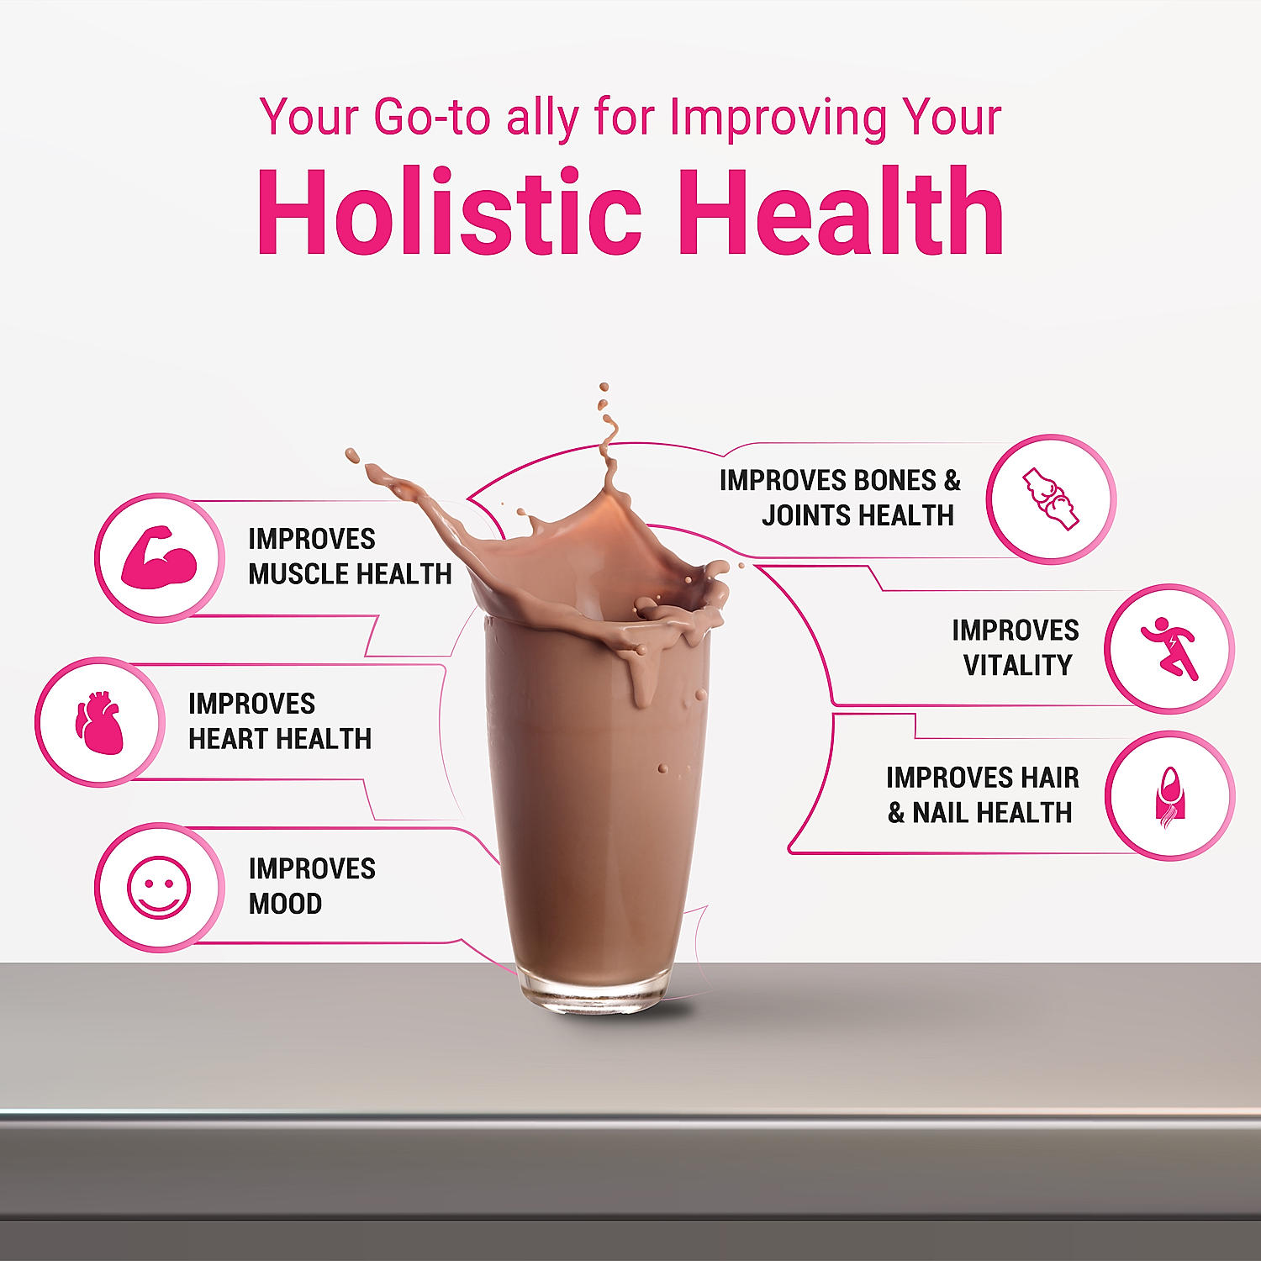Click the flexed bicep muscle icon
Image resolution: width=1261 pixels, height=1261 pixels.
point(159,557)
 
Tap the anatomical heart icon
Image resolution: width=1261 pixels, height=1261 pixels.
point(99,721)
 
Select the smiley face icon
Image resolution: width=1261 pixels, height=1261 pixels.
point(159,887)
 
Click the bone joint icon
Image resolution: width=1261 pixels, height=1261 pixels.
point(1051,499)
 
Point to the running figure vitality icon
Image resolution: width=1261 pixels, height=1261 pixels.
point(1169,649)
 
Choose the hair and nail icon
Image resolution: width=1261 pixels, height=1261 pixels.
point(1169,796)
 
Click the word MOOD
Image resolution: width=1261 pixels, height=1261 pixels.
point(286,904)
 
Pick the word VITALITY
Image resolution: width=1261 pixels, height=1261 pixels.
point(1018,666)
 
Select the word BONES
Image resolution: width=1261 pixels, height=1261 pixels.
point(894,481)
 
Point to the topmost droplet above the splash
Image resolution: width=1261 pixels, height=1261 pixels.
point(604,388)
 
